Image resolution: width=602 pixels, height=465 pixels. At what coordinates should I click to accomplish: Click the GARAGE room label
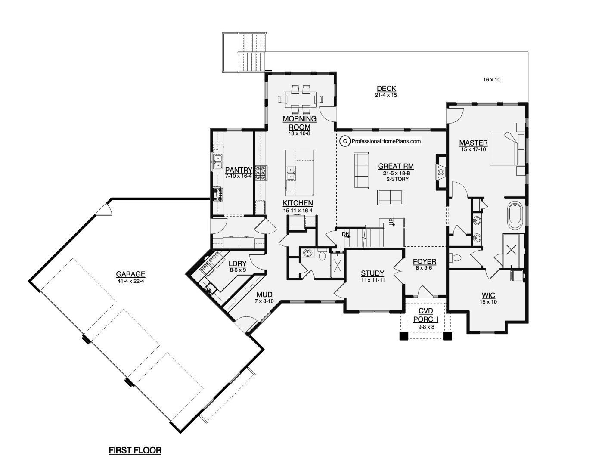click(130, 274)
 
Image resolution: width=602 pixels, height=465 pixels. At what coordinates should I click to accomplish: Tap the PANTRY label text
click(238, 170)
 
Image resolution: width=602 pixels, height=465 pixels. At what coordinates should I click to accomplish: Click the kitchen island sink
click(291, 173)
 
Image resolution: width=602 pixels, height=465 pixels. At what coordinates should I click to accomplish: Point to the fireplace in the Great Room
click(441, 172)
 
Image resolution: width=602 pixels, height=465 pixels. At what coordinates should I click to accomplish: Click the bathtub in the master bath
click(515, 217)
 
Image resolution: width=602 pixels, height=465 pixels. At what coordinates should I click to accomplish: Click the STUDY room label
click(372, 273)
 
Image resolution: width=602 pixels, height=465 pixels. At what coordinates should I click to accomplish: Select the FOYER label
click(424, 262)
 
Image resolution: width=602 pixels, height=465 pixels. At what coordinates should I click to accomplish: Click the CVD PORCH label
click(425, 315)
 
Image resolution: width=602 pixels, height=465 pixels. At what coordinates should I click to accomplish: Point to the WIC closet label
click(488, 296)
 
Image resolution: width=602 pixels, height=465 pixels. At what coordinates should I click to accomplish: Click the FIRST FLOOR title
click(135, 451)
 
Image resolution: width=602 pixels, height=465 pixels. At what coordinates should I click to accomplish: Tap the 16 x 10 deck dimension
click(492, 80)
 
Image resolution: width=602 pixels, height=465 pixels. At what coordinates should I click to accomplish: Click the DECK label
click(386, 89)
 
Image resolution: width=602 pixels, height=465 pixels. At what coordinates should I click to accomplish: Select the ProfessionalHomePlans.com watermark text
click(386, 141)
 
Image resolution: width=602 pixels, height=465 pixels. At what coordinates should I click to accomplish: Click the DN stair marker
click(345, 234)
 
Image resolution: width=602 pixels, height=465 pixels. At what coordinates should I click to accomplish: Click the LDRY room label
click(237, 264)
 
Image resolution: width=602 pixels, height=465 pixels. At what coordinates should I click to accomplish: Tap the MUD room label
click(264, 295)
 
